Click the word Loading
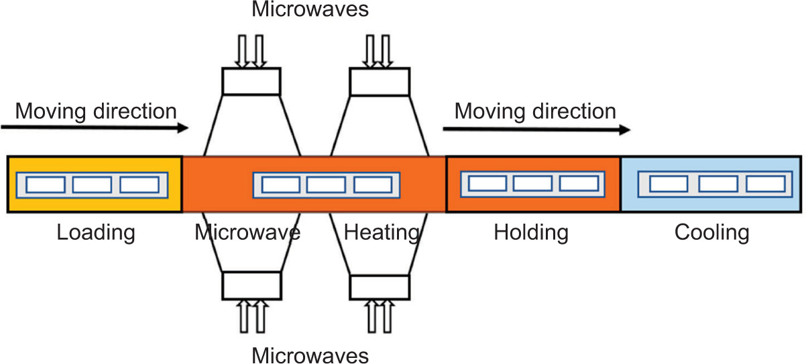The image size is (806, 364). coord(96,233)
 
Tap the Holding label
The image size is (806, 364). coord(531,233)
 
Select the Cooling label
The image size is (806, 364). coord(711,233)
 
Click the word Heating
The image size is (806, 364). coord(382,233)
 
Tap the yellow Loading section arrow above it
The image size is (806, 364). coord(95,127)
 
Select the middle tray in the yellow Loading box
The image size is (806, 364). coord(92,184)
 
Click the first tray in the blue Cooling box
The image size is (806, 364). coord(669,183)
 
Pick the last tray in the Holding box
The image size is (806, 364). coord(579,183)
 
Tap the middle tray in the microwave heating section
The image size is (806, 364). coord(326,184)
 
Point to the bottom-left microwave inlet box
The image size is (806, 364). coord(250,285)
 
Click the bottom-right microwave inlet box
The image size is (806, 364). coord(379,285)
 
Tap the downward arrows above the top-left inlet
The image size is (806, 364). coord(251,50)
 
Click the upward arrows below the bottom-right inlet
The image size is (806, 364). coord(380,316)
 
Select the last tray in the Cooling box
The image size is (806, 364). coord(764,183)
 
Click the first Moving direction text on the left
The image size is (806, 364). coord(96,111)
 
